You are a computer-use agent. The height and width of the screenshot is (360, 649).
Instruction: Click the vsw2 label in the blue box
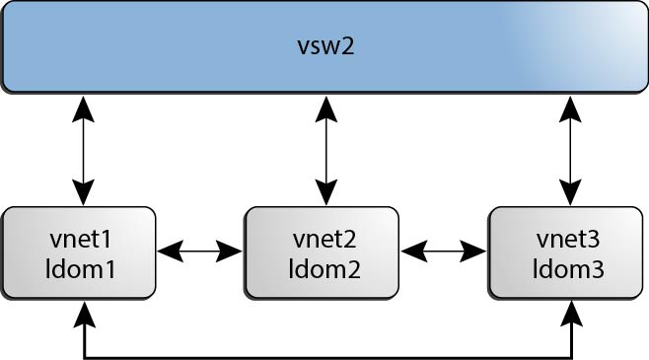click(324, 46)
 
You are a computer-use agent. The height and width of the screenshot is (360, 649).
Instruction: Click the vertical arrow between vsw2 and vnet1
click(84, 149)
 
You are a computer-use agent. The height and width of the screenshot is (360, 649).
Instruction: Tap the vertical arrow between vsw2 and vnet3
click(569, 149)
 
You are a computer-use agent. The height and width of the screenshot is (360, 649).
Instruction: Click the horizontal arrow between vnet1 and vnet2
click(200, 252)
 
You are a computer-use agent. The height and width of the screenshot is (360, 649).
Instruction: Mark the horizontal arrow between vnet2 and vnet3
click(444, 252)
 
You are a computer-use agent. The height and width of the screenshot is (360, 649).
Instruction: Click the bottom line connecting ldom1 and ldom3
click(325, 353)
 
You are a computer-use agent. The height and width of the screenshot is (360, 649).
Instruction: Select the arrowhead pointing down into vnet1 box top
click(84, 193)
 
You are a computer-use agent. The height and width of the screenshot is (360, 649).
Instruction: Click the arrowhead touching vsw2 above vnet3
click(569, 105)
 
